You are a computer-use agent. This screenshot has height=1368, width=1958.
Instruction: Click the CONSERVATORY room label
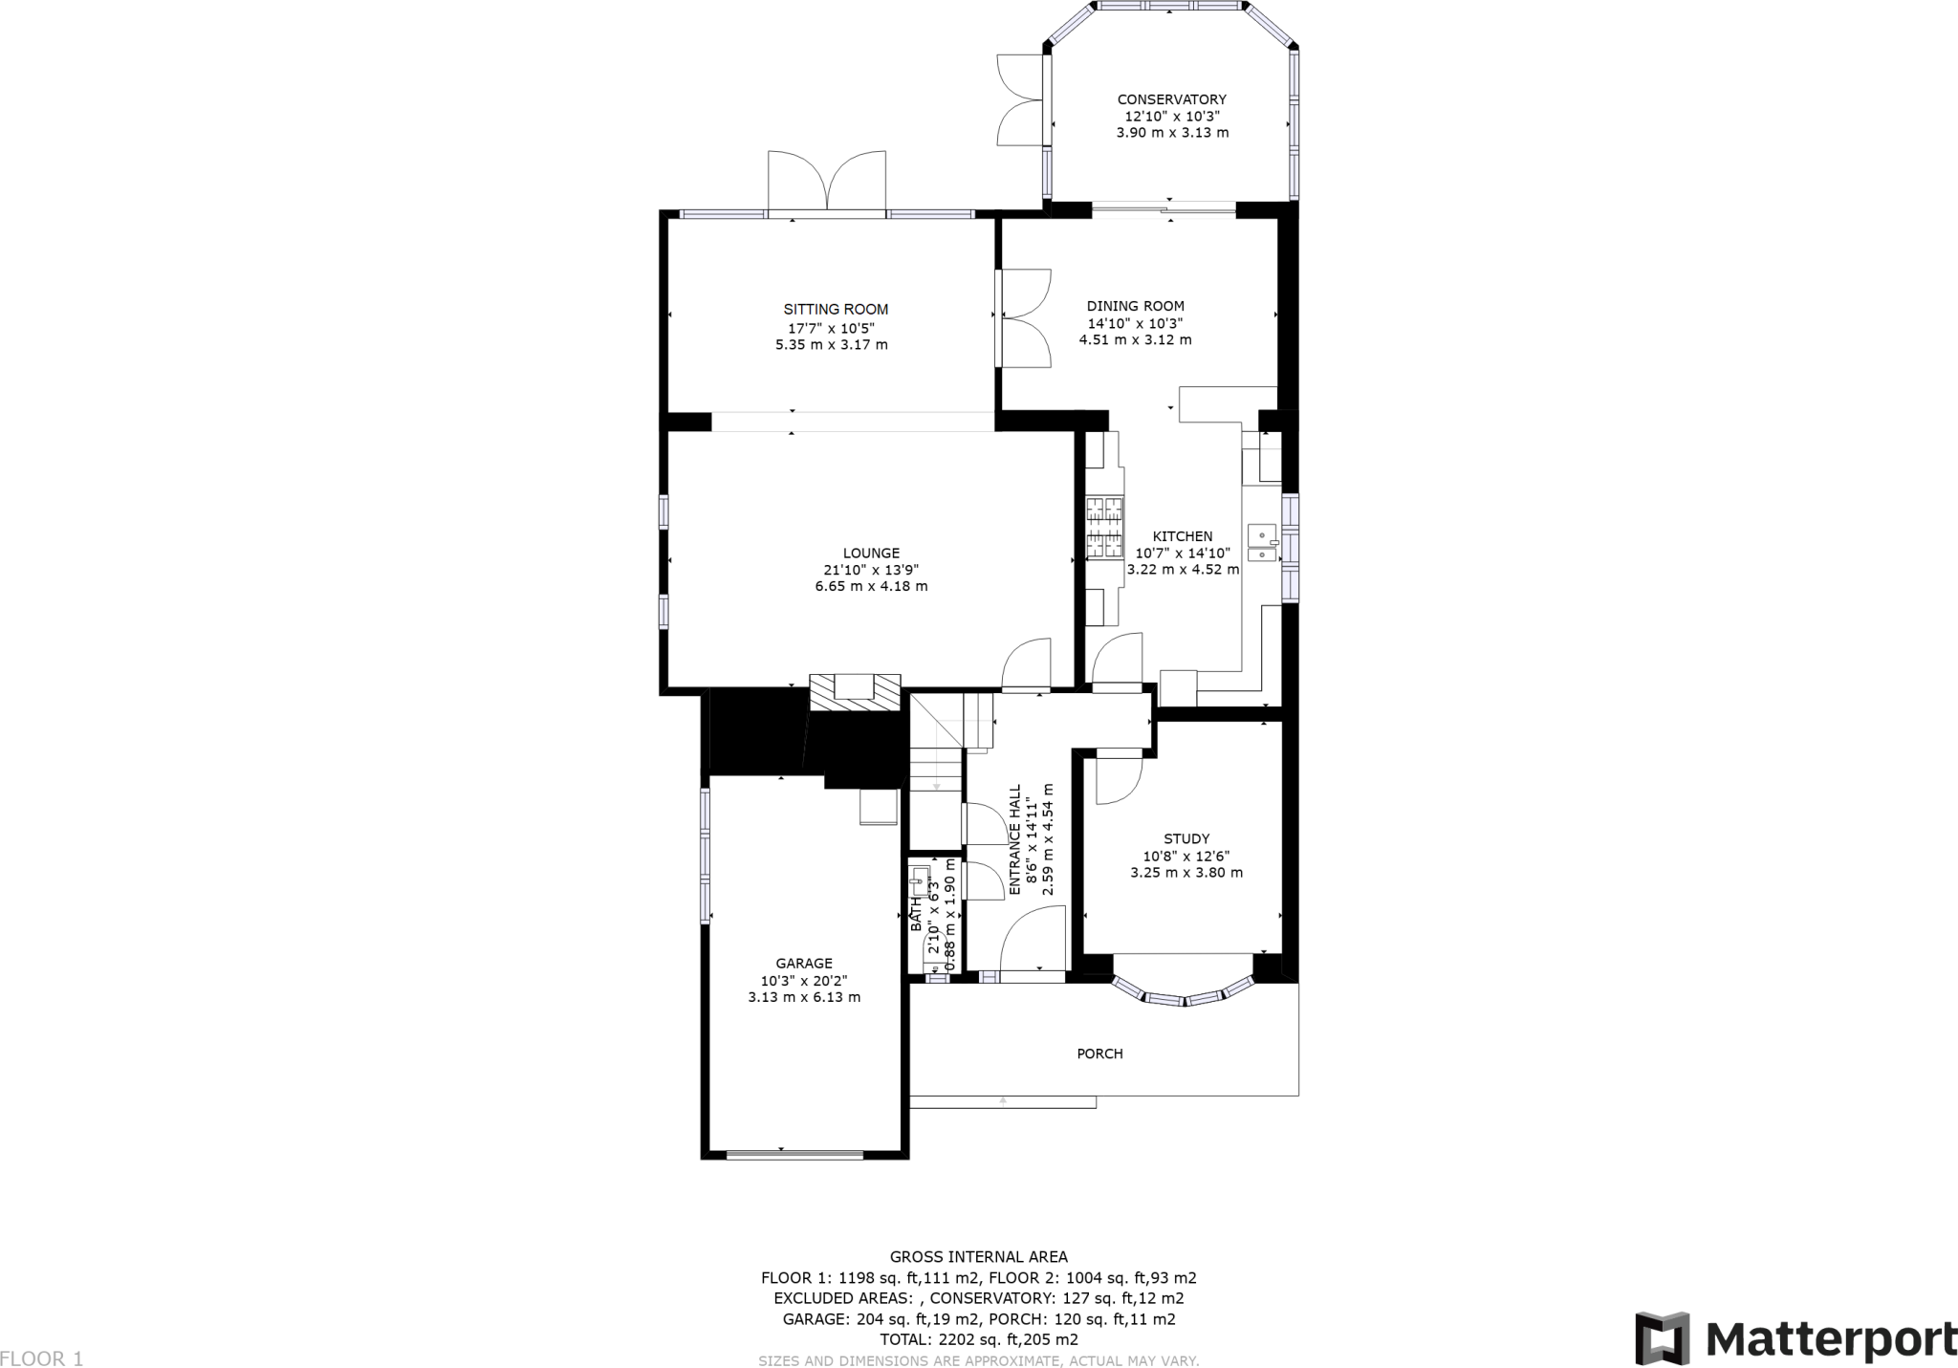(x=1171, y=99)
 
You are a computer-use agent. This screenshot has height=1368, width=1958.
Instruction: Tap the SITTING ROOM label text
(x=836, y=309)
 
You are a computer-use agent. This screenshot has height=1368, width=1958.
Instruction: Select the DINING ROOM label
(x=1135, y=306)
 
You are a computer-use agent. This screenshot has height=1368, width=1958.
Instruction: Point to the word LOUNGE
(x=871, y=553)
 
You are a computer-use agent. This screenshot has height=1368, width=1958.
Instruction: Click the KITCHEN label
(x=1182, y=536)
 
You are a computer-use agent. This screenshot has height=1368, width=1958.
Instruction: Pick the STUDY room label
(x=1186, y=838)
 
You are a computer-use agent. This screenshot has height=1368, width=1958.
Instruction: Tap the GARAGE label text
(x=803, y=964)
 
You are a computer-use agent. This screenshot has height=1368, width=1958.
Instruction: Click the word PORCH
(x=1099, y=1053)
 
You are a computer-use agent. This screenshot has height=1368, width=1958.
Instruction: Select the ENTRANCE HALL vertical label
(x=1015, y=839)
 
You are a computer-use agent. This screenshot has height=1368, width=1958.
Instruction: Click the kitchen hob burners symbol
(x=1104, y=527)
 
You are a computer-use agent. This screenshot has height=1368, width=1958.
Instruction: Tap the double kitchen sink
(x=1263, y=543)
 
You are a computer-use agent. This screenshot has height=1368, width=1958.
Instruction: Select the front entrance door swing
(x=1033, y=942)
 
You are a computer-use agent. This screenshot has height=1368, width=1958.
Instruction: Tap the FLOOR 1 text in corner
(x=42, y=1358)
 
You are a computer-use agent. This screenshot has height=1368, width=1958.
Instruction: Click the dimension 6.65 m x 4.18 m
(x=871, y=586)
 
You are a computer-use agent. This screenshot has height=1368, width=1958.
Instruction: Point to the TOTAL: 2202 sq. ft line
(x=978, y=1339)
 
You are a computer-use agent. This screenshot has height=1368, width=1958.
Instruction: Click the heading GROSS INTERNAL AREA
(x=978, y=1257)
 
